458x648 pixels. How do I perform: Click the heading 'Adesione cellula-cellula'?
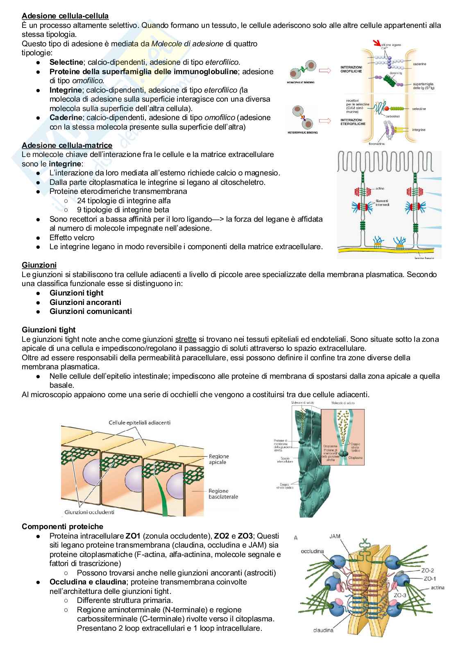[x=65, y=16]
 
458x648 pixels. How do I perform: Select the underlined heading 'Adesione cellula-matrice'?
[x=67, y=145]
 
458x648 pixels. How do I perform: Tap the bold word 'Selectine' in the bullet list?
[x=66, y=62]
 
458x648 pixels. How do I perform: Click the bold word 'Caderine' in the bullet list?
[x=66, y=118]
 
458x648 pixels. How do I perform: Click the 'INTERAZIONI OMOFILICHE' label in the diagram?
[x=351, y=69]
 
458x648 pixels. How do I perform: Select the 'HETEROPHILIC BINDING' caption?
[x=303, y=132]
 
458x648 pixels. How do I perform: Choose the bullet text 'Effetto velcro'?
[x=72, y=238]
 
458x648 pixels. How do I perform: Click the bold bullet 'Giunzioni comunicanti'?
[x=91, y=311]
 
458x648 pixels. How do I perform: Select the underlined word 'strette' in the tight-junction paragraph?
[x=186, y=339]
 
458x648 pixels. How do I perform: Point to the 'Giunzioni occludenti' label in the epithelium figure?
[x=89, y=512]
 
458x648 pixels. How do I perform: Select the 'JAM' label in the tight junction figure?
[x=335, y=536]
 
